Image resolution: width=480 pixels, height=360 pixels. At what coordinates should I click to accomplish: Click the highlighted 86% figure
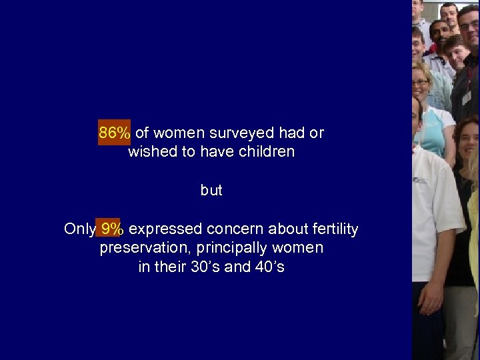click(115, 133)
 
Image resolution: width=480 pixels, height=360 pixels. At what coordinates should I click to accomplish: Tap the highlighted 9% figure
click(111, 229)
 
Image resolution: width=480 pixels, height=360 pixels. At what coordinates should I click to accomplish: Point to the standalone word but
click(211, 191)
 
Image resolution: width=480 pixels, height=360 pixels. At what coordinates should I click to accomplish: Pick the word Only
click(79, 229)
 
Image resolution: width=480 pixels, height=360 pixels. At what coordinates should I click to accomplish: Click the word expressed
click(165, 229)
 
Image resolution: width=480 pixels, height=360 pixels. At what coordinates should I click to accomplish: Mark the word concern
click(233, 229)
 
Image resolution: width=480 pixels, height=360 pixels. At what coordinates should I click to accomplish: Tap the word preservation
click(140, 248)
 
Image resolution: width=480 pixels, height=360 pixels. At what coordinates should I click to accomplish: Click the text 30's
click(209, 267)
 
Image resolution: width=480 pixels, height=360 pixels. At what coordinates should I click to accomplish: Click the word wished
click(151, 151)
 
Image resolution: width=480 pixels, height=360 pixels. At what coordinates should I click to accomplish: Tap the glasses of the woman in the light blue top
click(421, 83)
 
